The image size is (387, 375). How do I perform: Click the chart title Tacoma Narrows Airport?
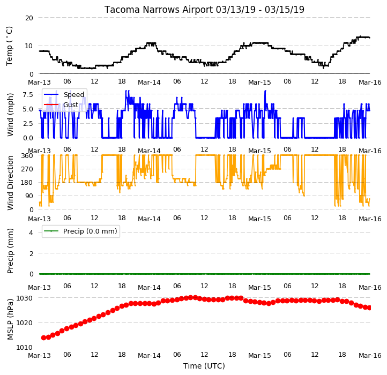[x=159, y=10]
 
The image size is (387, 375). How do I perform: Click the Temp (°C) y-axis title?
[x=9, y=46]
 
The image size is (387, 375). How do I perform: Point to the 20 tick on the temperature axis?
[x=29, y=18]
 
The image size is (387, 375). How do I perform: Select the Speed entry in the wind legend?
[x=64, y=94]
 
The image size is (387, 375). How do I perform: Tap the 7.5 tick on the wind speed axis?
[x=28, y=94]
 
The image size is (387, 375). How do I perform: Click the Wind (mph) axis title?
[x=10, y=115]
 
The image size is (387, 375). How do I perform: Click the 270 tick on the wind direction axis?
[x=28, y=169]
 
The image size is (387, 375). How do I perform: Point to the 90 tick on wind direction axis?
[x=29, y=196]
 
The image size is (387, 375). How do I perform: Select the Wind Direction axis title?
[x=10, y=183]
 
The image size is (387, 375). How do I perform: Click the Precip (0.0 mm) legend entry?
[x=81, y=231]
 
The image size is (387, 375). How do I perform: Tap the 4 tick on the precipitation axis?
[x=31, y=232]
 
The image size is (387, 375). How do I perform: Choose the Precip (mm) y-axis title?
[x=10, y=251]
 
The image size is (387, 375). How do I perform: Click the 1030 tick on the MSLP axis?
[x=25, y=298]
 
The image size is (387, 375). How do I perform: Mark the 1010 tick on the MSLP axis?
[x=25, y=348]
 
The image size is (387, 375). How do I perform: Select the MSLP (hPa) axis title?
[x=10, y=319]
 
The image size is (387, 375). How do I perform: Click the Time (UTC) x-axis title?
[x=204, y=366]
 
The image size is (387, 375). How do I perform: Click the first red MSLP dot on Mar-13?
[x=44, y=337]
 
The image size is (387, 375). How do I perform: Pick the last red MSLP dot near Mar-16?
[x=369, y=307]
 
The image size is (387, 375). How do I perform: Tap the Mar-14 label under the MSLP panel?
[x=149, y=356]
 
